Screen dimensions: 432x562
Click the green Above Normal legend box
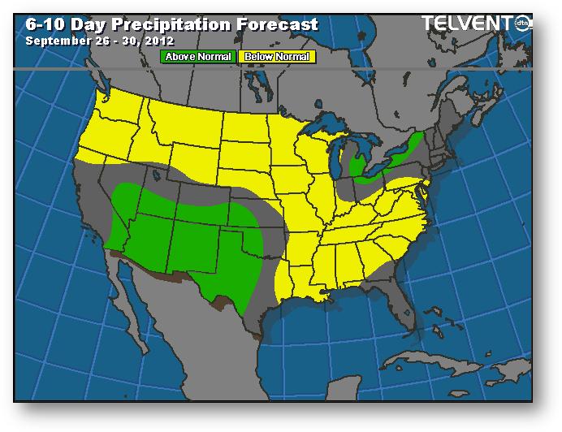(198, 57)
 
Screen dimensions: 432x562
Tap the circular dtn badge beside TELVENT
(523, 24)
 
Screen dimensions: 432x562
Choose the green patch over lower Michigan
(357, 166)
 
